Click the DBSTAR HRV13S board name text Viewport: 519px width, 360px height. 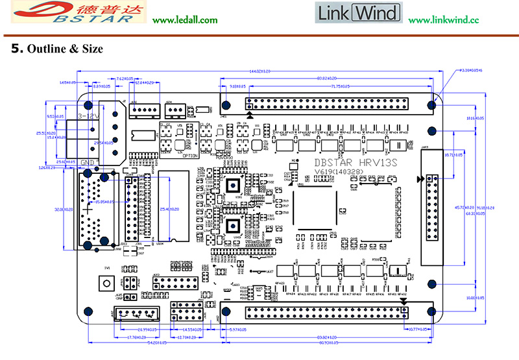[x=350, y=163]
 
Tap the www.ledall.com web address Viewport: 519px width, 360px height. [x=185, y=20]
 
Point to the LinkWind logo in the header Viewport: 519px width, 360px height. [x=358, y=13]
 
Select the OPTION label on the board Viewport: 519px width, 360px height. [x=190, y=156]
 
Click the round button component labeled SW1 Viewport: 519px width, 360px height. [x=103, y=283]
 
